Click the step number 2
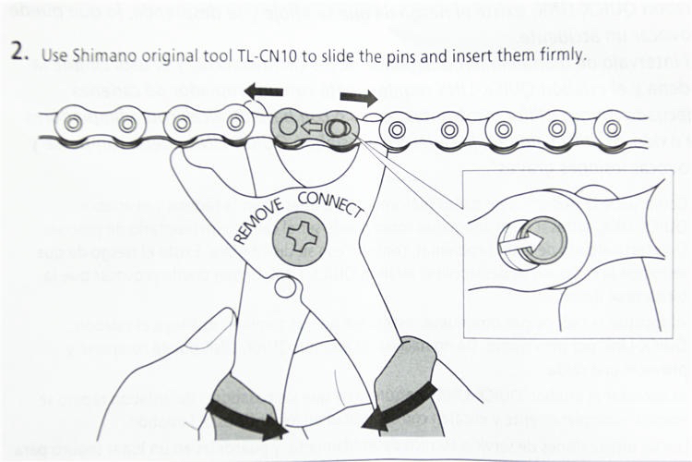(x=20, y=51)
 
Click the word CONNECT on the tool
(x=329, y=201)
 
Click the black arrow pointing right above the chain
(x=358, y=97)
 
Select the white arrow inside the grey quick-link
(x=316, y=125)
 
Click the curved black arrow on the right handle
(x=397, y=407)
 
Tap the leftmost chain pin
(x=72, y=122)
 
